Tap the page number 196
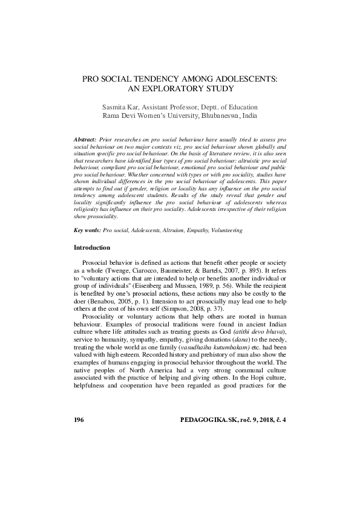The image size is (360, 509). pyautogui.click(x=79, y=420)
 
